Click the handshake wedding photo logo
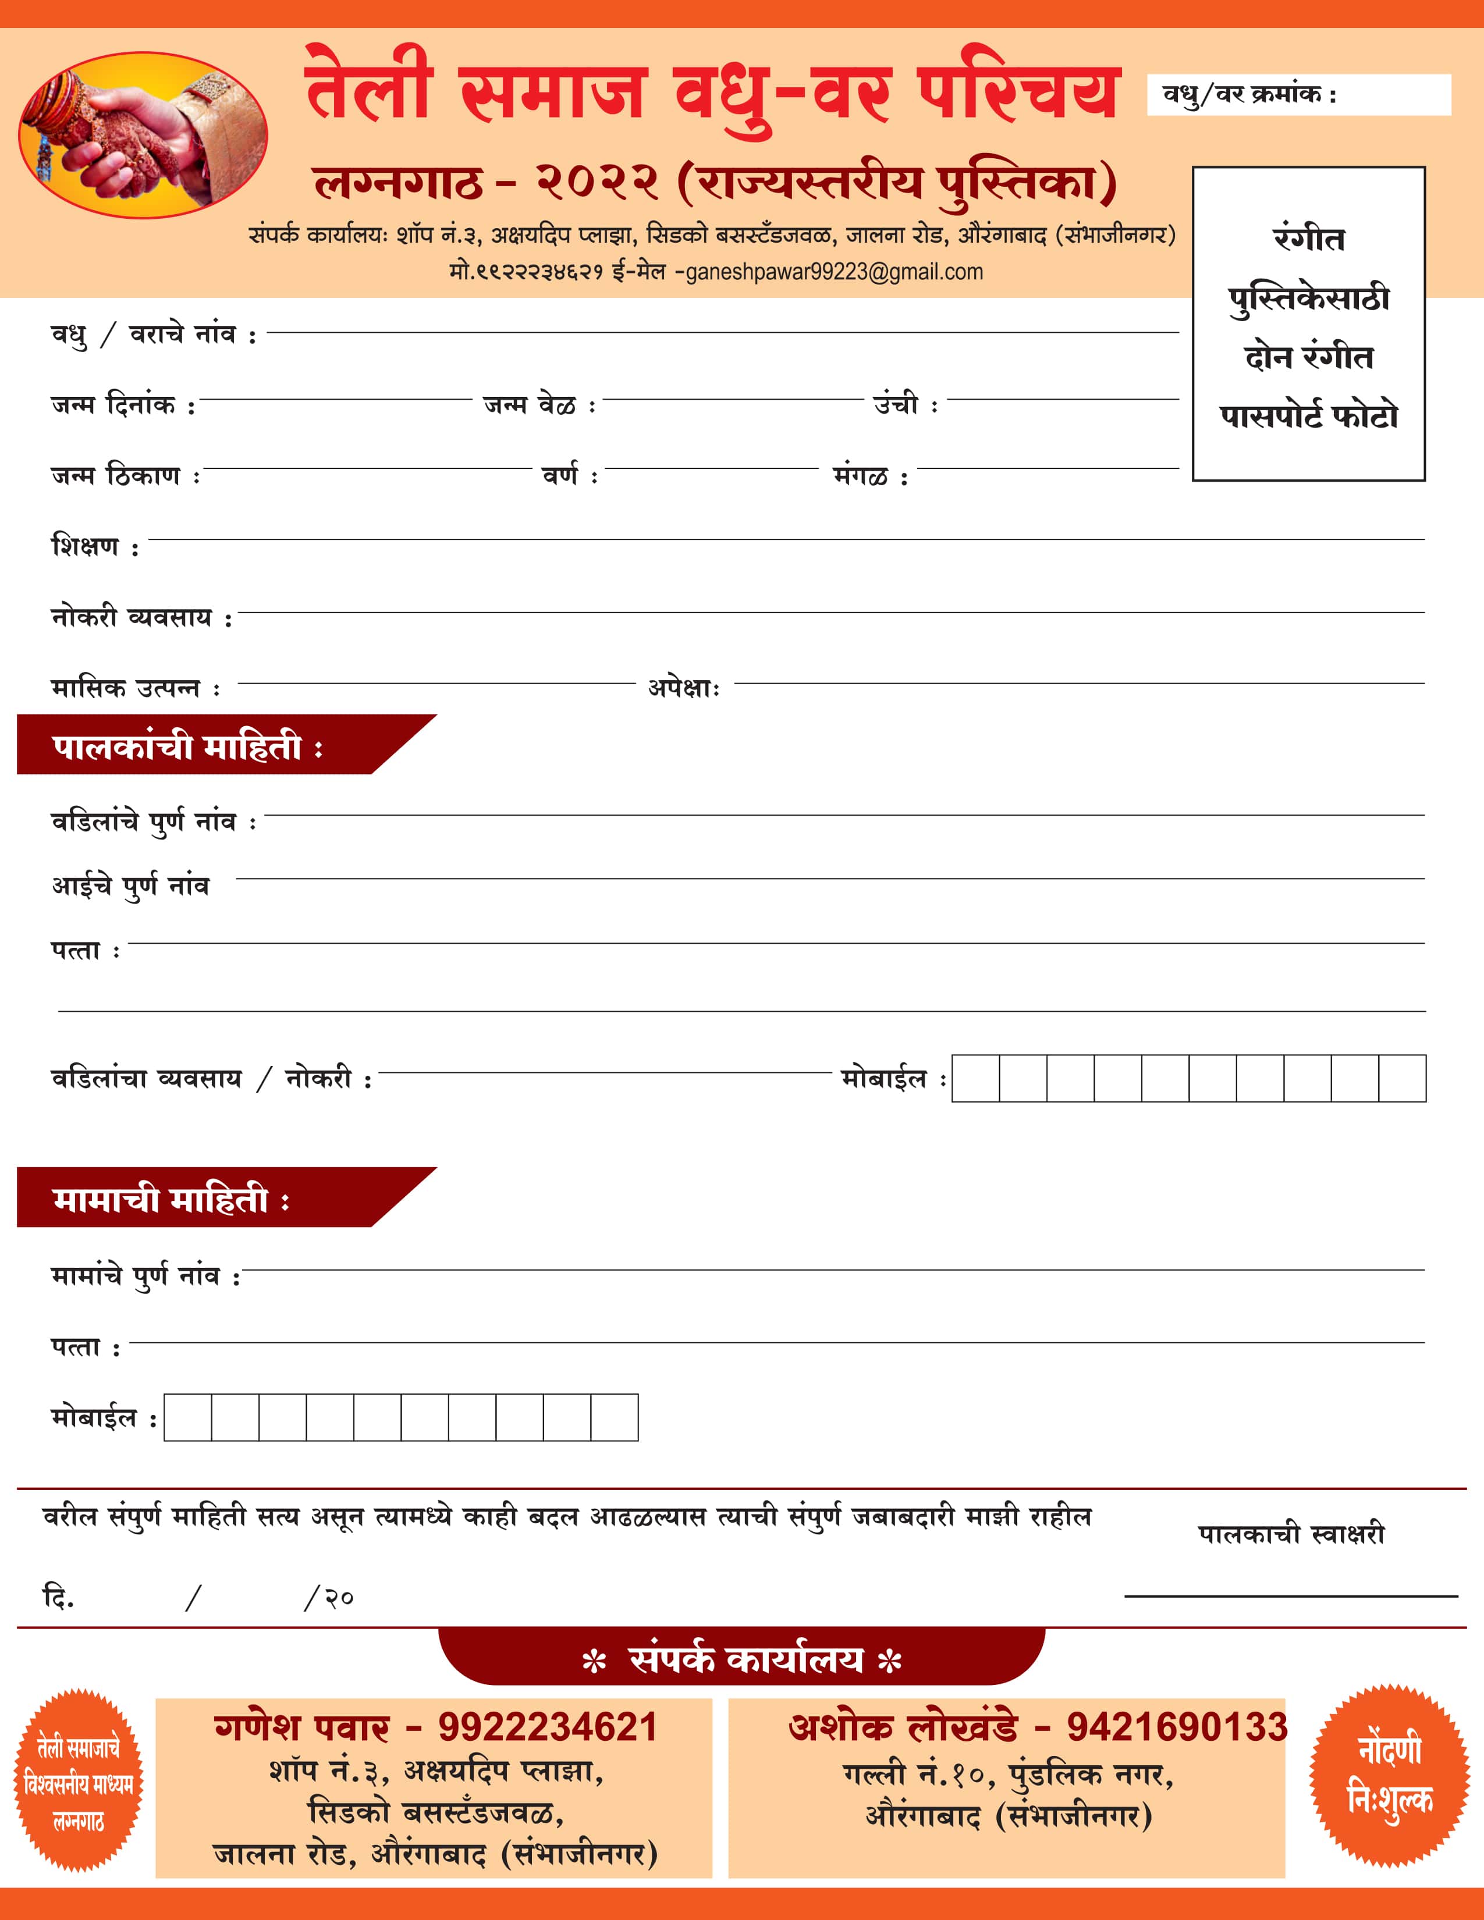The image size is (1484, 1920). click(x=143, y=134)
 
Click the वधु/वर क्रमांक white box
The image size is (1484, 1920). click(x=1298, y=95)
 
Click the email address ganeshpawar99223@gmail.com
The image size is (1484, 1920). click(x=833, y=272)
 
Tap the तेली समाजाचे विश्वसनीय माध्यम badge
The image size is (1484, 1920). click(x=78, y=1780)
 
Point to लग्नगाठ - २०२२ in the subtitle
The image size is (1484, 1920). click(x=485, y=182)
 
